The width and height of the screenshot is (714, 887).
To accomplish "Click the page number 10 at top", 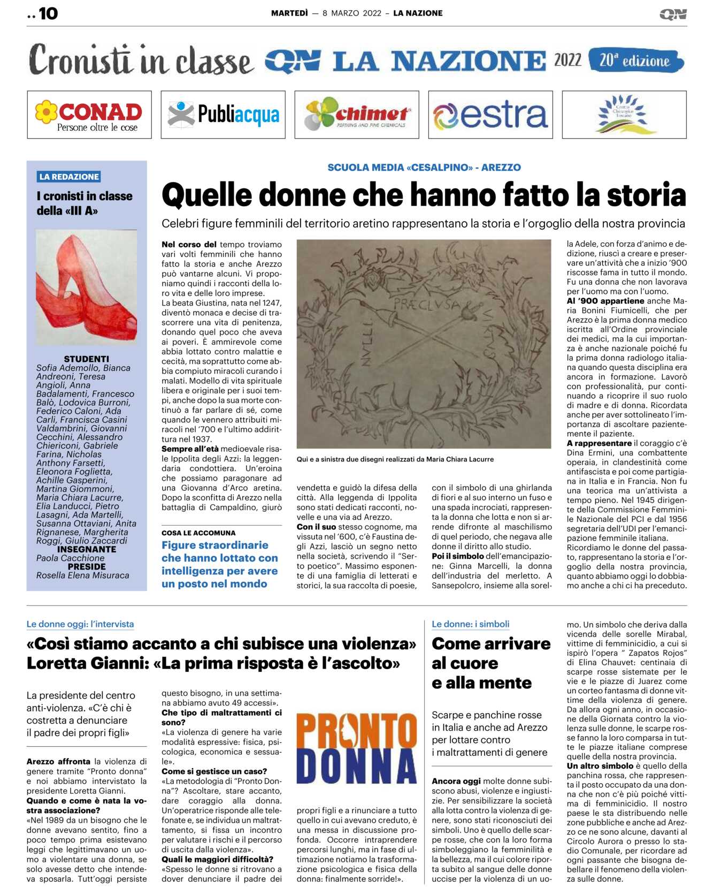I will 48,13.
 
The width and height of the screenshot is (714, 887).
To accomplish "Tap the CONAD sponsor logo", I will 89,115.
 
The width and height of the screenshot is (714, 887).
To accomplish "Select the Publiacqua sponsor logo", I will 223,115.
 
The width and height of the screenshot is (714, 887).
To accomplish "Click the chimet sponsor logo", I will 357,115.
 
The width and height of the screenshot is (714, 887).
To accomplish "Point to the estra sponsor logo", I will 490,115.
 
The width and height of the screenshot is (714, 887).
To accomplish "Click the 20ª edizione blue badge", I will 635,60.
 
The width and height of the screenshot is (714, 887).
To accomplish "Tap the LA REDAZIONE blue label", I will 69,177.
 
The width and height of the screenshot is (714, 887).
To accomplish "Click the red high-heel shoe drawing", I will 86,286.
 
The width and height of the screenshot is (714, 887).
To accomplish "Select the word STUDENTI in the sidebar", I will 86,359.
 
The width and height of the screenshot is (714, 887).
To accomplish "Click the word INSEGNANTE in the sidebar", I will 86,549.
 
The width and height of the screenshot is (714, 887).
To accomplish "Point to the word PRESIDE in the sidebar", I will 86,566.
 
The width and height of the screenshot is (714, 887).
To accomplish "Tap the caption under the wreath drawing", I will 395,459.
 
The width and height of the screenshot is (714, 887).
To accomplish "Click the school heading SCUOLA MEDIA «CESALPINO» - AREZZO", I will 424,168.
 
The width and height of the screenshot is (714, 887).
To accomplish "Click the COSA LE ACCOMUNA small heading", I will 198,533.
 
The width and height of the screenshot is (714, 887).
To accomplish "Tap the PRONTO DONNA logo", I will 357,748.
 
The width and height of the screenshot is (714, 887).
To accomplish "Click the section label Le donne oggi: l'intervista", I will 80,624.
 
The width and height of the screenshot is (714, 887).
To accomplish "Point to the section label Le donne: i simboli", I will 471,624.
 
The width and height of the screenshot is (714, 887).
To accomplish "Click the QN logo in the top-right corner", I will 673,14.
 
